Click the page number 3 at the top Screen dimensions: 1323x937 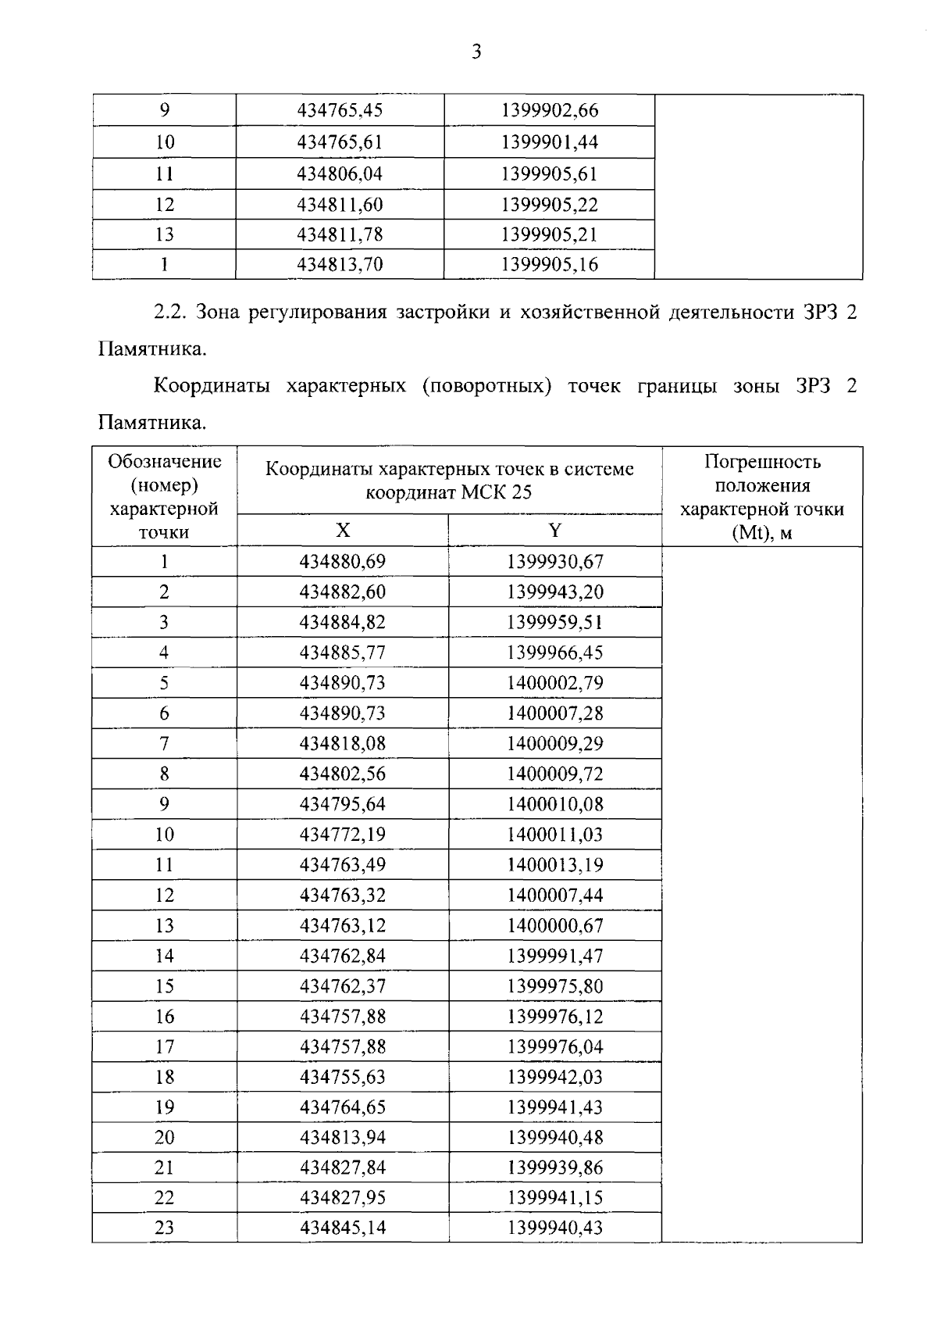(x=476, y=52)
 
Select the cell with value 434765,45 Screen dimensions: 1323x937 (x=340, y=110)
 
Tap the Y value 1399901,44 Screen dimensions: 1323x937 (x=549, y=142)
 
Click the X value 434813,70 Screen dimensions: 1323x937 (x=340, y=264)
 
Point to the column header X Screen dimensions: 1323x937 (x=343, y=531)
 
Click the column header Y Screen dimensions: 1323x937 (x=554, y=531)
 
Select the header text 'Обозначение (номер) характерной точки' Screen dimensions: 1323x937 (x=164, y=496)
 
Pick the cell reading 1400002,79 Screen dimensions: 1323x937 (x=554, y=683)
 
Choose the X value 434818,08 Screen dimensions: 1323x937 (x=342, y=743)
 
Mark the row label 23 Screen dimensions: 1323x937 (x=164, y=1228)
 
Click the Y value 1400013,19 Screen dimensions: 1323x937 (x=554, y=865)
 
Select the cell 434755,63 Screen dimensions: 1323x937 (x=342, y=1077)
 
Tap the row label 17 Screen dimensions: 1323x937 (x=164, y=1046)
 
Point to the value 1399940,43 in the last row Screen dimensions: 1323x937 (x=554, y=1228)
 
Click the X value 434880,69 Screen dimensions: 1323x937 (x=342, y=562)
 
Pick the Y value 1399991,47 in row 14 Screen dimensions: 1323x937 (x=554, y=956)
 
